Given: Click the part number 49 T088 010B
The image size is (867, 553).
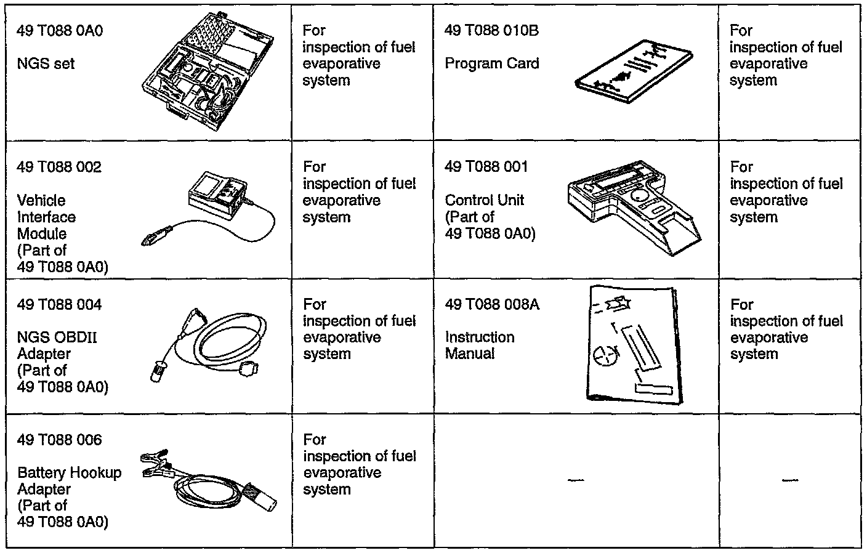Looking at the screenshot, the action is [491, 30].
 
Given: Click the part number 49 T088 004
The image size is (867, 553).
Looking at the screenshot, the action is [59, 304].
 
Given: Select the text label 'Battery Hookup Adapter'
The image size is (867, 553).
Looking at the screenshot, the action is [69, 481].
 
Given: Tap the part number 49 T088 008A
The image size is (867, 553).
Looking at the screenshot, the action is [492, 304].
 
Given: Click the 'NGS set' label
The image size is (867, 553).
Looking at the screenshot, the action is [46, 63].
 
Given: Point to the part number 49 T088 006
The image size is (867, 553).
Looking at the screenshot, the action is [59, 440].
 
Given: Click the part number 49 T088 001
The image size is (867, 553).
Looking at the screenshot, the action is [486, 166].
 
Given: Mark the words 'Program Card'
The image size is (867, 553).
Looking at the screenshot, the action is [491, 63].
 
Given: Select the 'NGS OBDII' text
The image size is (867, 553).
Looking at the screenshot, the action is [57, 337].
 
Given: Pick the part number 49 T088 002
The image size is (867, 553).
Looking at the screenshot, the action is [59, 167].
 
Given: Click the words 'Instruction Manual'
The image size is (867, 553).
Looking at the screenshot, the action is [479, 345].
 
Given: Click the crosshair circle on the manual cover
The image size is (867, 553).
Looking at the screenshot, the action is [603, 355].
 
